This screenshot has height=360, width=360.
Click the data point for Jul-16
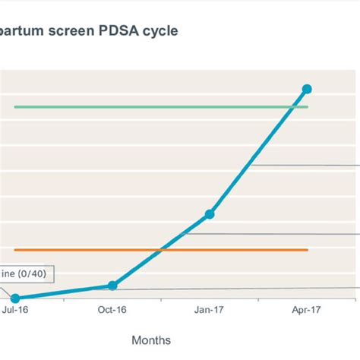(15, 298)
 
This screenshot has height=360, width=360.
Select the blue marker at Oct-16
(112, 286)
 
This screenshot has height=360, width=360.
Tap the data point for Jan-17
(210, 214)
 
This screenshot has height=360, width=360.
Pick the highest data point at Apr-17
(307, 89)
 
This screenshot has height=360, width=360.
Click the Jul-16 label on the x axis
(16, 311)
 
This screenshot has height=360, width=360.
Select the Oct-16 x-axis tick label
(112, 311)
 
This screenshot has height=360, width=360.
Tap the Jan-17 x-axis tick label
(210, 311)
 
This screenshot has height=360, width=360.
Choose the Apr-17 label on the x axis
(307, 311)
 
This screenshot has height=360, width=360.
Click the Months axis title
(151, 340)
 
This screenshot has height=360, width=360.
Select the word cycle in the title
(163, 33)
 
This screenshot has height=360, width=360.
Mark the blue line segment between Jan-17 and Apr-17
(258, 152)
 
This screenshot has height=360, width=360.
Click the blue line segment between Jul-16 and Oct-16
(64, 292)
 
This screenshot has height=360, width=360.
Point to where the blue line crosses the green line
(293, 107)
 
